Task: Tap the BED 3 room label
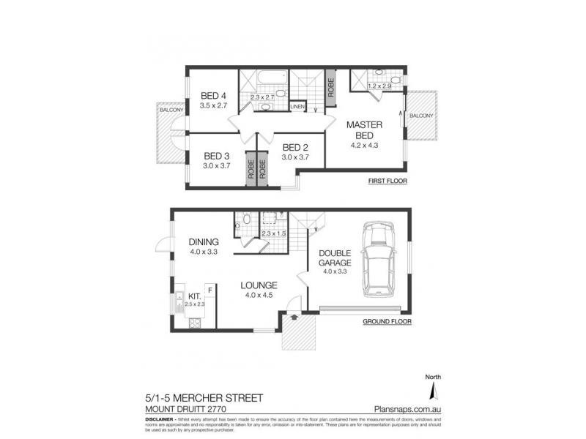coord(218,156)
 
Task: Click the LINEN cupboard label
coord(297,108)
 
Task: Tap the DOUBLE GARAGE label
coord(334,258)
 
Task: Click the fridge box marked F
coord(210,290)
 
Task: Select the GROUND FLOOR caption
coord(386,321)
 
